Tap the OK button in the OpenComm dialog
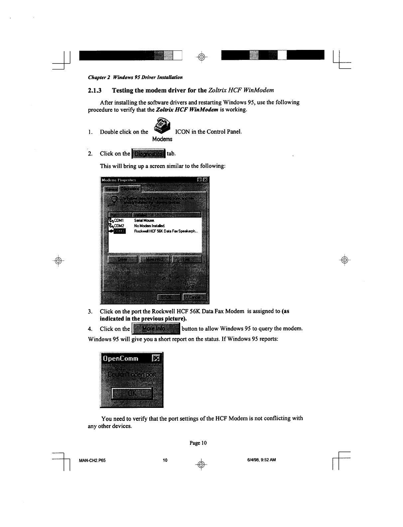point(132,394)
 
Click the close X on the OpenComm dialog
point(156,358)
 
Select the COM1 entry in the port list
point(118,220)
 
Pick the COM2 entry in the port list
point(118,226)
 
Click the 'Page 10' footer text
point(198,443)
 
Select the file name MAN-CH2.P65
point(92,460)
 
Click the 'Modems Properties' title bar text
point(119,180)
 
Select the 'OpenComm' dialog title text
point(120,358)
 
